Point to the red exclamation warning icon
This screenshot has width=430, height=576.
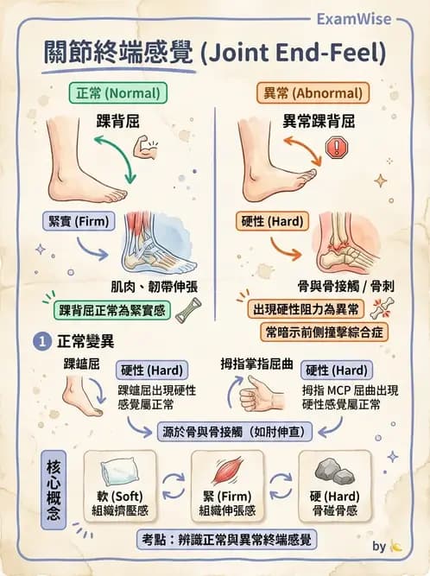click(334, 148)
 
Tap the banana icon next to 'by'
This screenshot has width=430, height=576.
click(395, 546)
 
